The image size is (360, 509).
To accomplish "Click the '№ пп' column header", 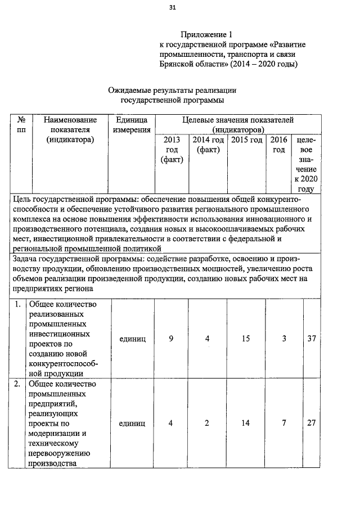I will click(21, 125).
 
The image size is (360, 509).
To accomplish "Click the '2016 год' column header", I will click(278, 145).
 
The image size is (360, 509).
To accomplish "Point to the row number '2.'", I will click(19, 384).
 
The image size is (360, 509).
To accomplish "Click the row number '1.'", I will click(19, 304).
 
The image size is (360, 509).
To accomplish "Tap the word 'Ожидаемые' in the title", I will click(132, 90).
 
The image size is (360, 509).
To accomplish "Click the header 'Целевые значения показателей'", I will click(237, 120).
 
